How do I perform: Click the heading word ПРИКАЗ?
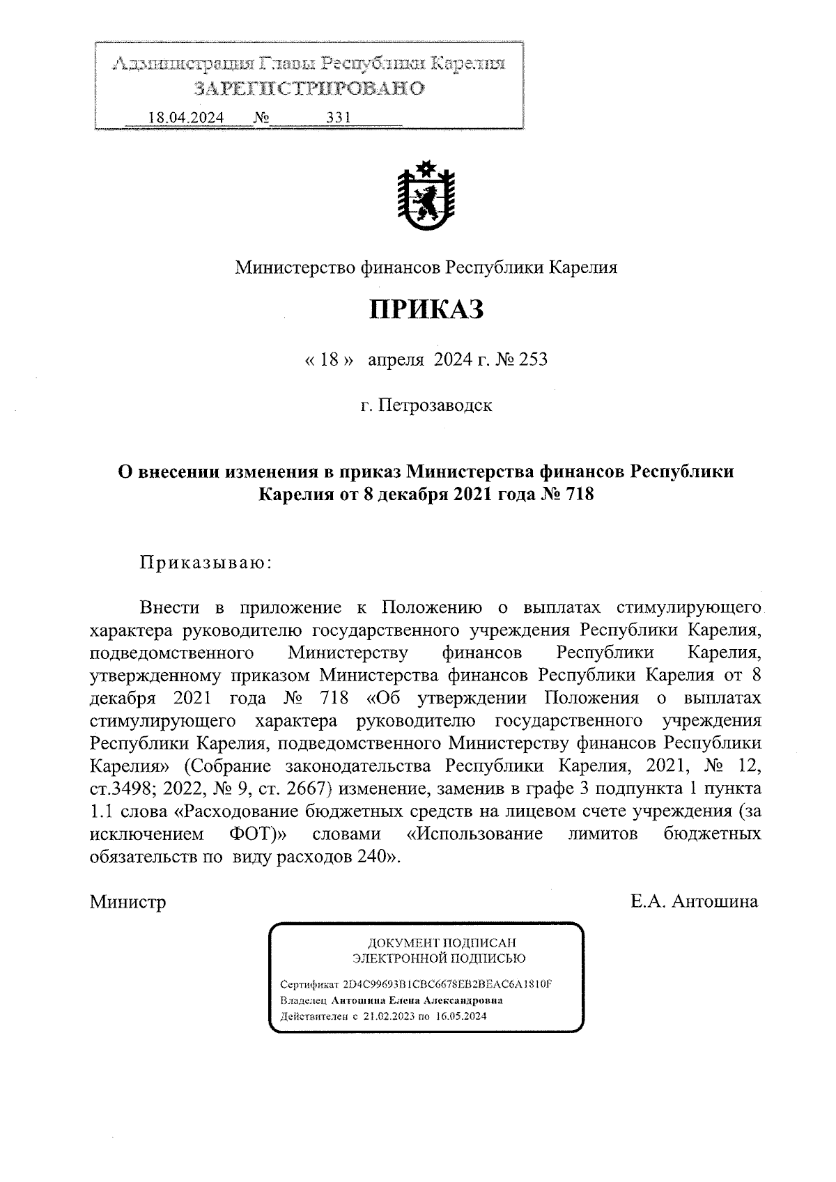click(426, 310)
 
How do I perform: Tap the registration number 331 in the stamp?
click(339, 118)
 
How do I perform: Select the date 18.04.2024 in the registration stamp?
click(186, 118)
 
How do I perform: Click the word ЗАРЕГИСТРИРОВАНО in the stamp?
click(309, 88)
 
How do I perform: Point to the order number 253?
click(533, 359)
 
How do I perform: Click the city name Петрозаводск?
click(435, 405)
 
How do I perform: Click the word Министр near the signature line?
click(127, 903)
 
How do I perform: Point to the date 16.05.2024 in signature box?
click(462, 1016)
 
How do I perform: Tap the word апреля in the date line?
click(396, 359)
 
